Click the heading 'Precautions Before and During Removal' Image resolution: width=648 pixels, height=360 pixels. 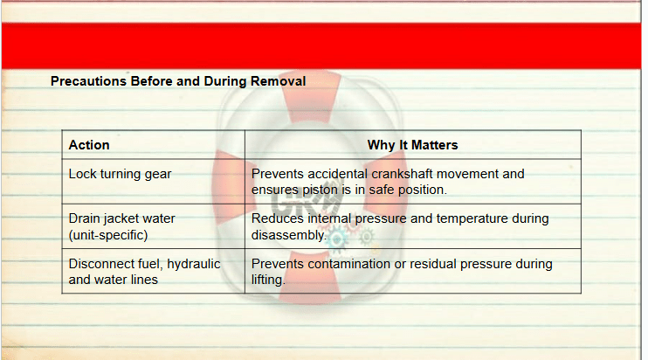pyautogui.click(x=178, y=81)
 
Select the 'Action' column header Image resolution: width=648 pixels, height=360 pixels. pyautogui.click(x=89, y=145)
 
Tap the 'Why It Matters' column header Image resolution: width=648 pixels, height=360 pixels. pyautogui.click(x=412, y=145)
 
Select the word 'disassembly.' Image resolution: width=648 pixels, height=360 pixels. pyautogui.click(x=288, y=235)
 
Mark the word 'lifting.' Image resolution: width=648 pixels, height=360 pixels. pyautogui.click(x=268, y=280)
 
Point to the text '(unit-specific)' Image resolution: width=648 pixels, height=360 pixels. pyautogui.click(x=108, y=235)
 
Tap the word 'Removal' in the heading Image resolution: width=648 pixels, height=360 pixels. pyautogui.click(x=278, y=81)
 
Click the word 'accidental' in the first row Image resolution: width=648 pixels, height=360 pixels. pyautogui.click(x=337, y=174)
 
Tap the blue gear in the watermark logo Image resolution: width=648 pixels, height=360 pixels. pyautogui.click(x=338, y=239)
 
